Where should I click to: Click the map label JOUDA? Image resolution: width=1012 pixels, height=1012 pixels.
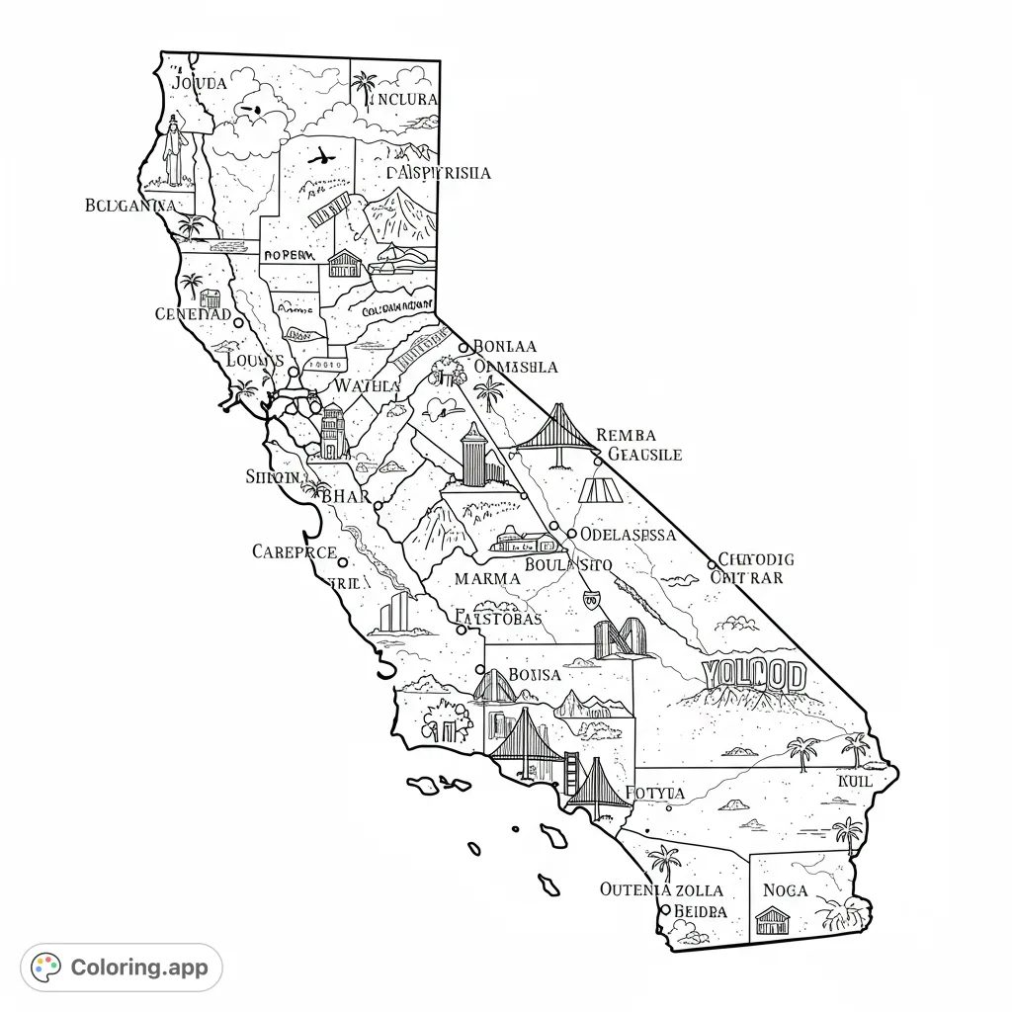(x=200, y=83)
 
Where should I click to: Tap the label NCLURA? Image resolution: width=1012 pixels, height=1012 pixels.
(x=403, y=100)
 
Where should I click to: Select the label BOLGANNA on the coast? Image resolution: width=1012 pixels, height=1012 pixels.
(x=130, y=206)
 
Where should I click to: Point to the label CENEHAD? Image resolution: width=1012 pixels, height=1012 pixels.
(x=193, y=314)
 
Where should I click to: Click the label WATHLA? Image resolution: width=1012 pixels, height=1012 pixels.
(x=367, y=385)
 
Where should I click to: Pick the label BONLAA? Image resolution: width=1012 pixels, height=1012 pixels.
(x=505, y=347)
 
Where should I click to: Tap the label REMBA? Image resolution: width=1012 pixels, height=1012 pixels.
(x=627, y=436)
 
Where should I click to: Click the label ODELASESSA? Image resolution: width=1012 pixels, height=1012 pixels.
(x=628, y=535)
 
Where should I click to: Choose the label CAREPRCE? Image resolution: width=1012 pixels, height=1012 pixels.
(x=294, y=552)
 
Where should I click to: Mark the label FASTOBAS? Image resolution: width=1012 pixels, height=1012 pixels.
(x=499, y=619)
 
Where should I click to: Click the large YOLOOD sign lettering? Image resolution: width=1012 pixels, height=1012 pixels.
(x=753, y=676)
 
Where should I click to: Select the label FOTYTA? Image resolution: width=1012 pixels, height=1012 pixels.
(x=654, y=793)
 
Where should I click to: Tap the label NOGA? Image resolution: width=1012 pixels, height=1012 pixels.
(x=786, y=890)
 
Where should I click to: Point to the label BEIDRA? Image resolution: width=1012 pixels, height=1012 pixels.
(x=700, y=910)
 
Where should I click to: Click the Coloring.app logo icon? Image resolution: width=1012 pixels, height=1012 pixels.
(x=46, y=967)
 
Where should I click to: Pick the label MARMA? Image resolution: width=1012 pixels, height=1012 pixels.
(x=486, y=578)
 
